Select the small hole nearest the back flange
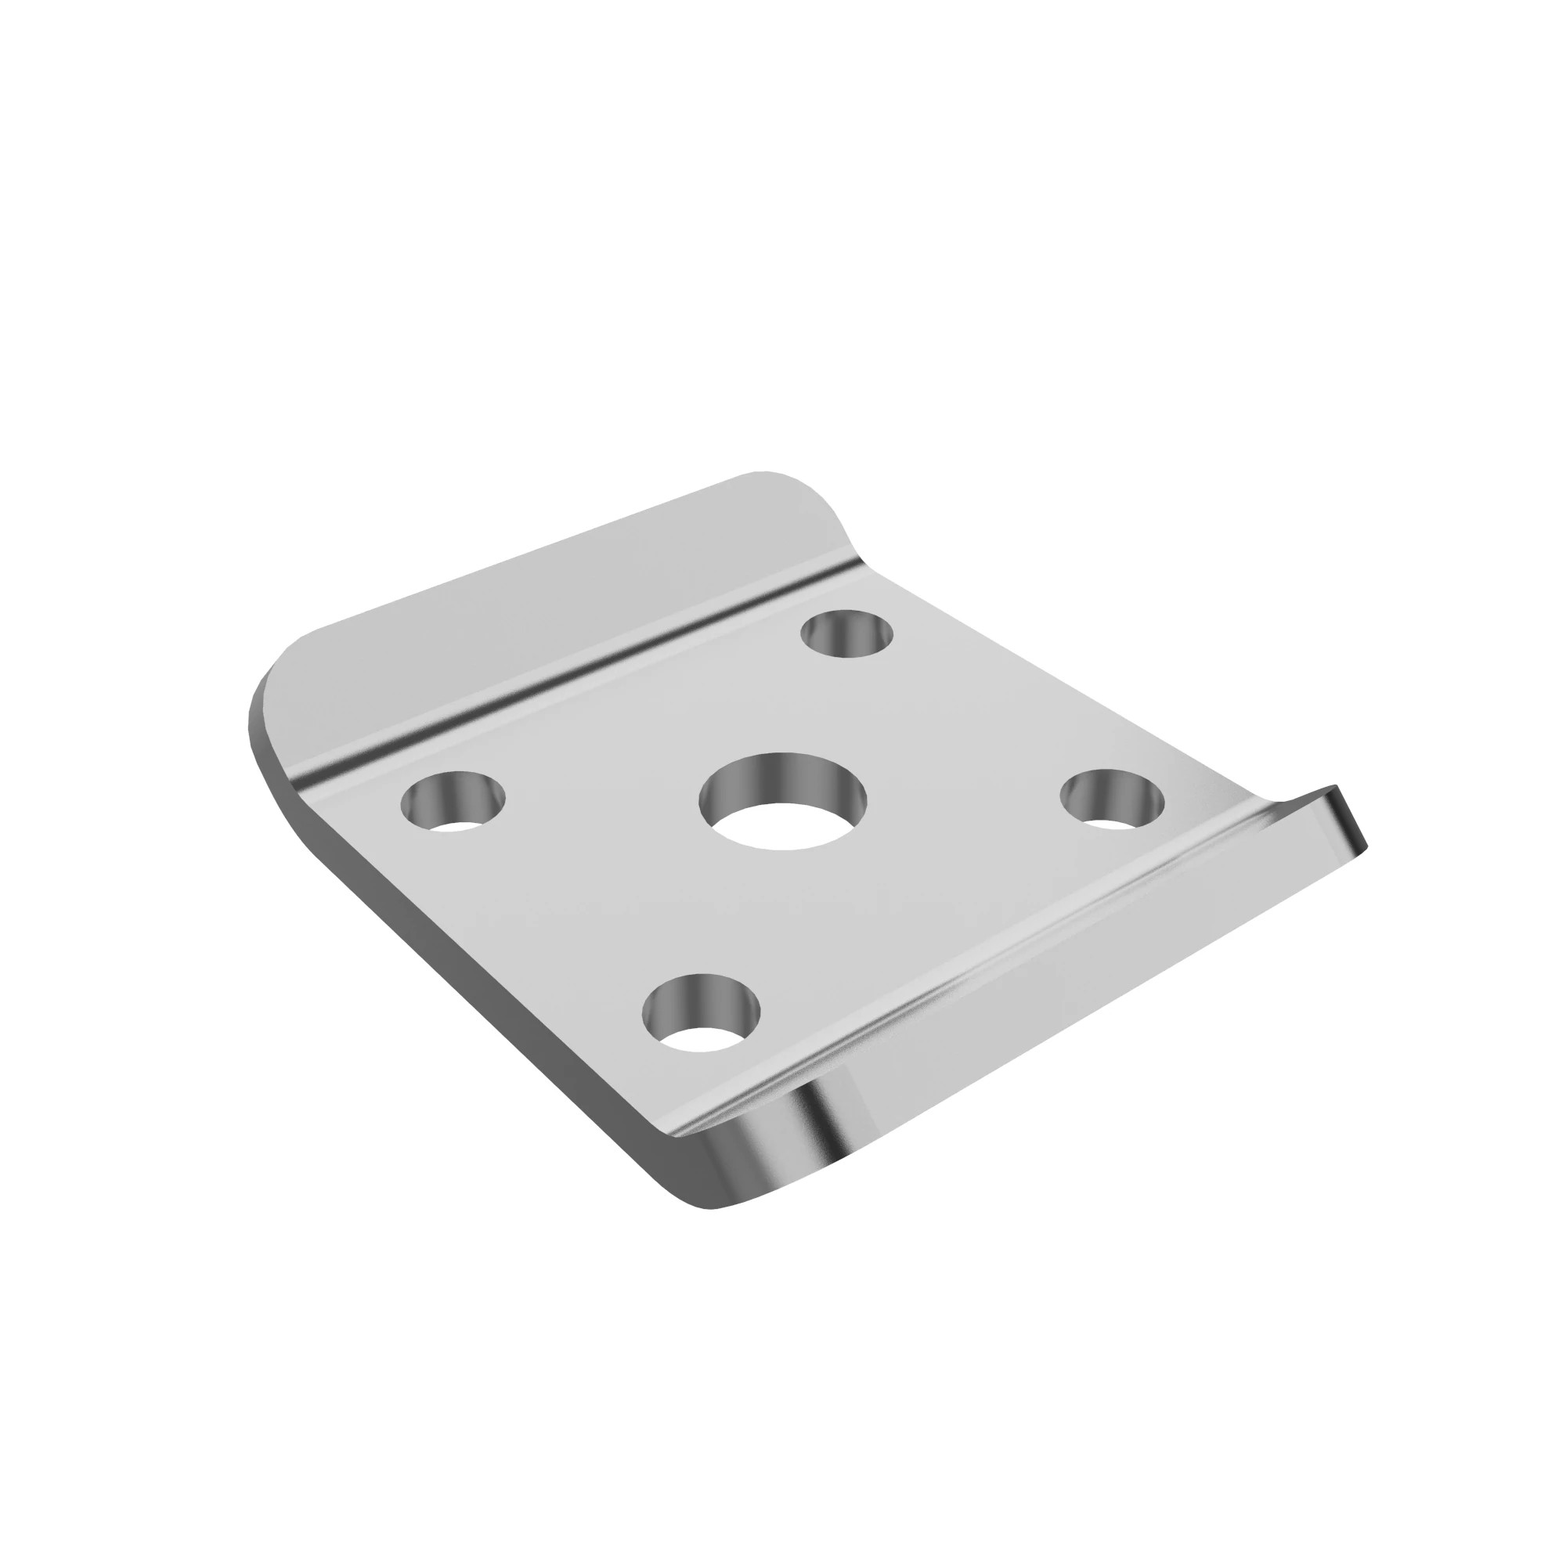(x=846, y=633)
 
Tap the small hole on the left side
(x=453, y=802)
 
